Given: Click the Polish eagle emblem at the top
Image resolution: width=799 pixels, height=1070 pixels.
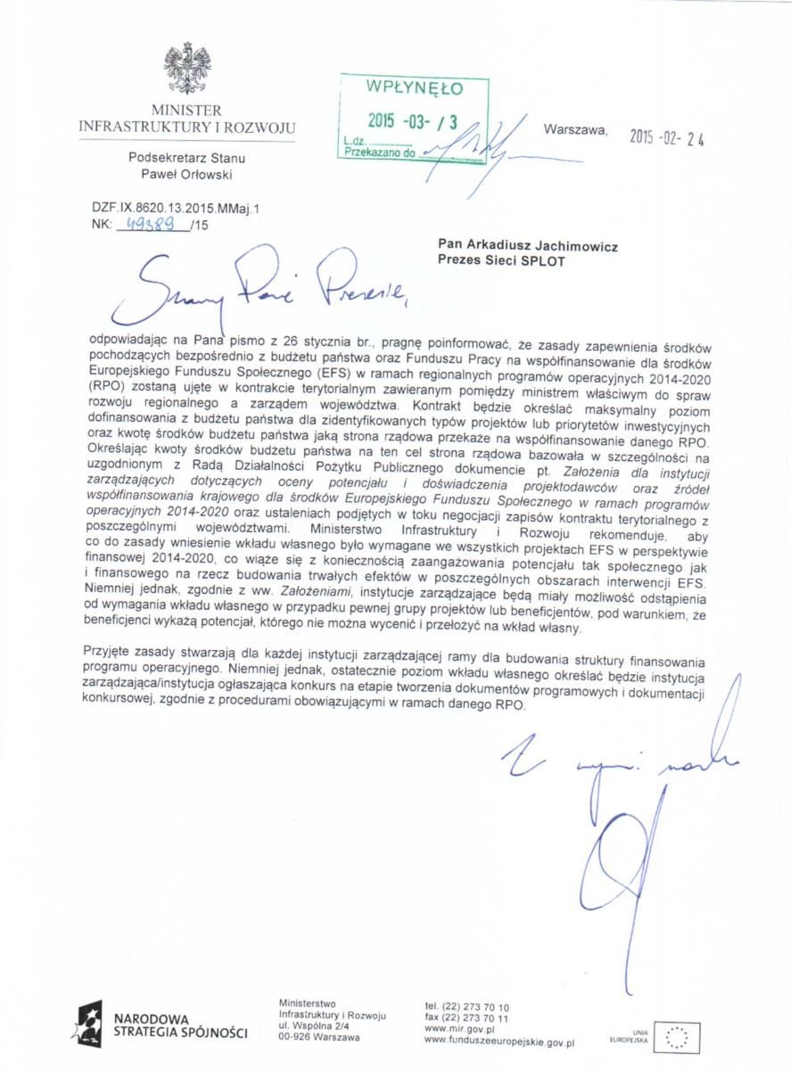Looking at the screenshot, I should click(x=186, y=69).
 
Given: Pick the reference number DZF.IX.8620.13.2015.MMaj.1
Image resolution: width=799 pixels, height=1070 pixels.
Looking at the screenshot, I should click(x=175, y=208).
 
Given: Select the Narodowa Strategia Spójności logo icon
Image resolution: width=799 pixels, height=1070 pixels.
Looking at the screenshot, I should click(x=89, y=1023).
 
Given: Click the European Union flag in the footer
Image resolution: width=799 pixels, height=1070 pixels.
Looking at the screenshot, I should click(x=676, y=1037).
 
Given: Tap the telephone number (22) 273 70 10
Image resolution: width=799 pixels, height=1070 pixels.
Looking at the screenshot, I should click(x=467, y=1007).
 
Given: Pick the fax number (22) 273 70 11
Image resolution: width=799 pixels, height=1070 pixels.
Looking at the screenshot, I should click(x=467, y=1017).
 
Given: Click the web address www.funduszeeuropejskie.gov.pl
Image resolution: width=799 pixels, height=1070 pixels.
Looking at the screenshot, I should click(x=499, y=1040).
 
